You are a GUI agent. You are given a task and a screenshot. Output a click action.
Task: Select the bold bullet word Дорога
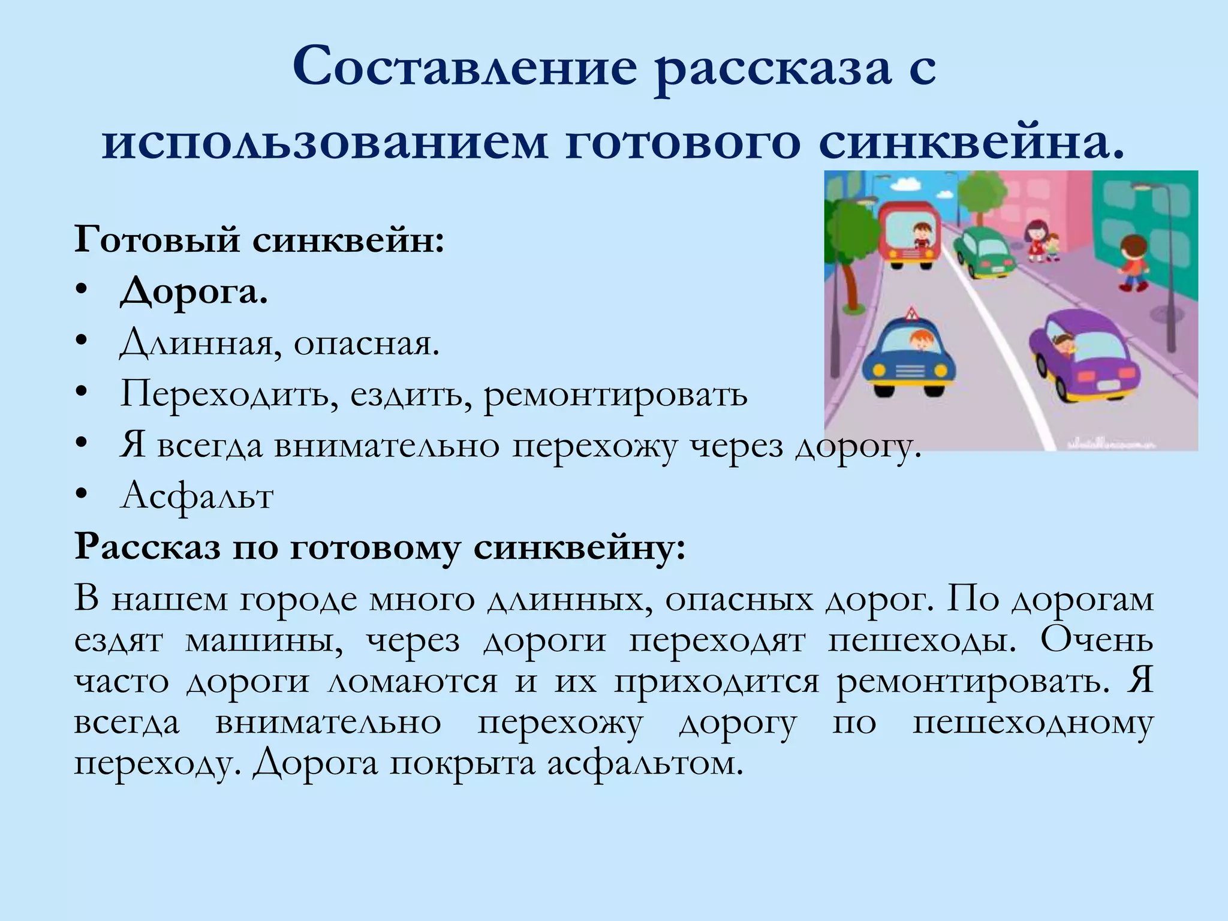193,293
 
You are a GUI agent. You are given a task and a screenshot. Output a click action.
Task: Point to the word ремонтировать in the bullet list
616,395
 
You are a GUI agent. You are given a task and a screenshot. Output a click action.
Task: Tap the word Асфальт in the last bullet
197,496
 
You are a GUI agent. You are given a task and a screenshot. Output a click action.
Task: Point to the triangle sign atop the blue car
912,313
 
